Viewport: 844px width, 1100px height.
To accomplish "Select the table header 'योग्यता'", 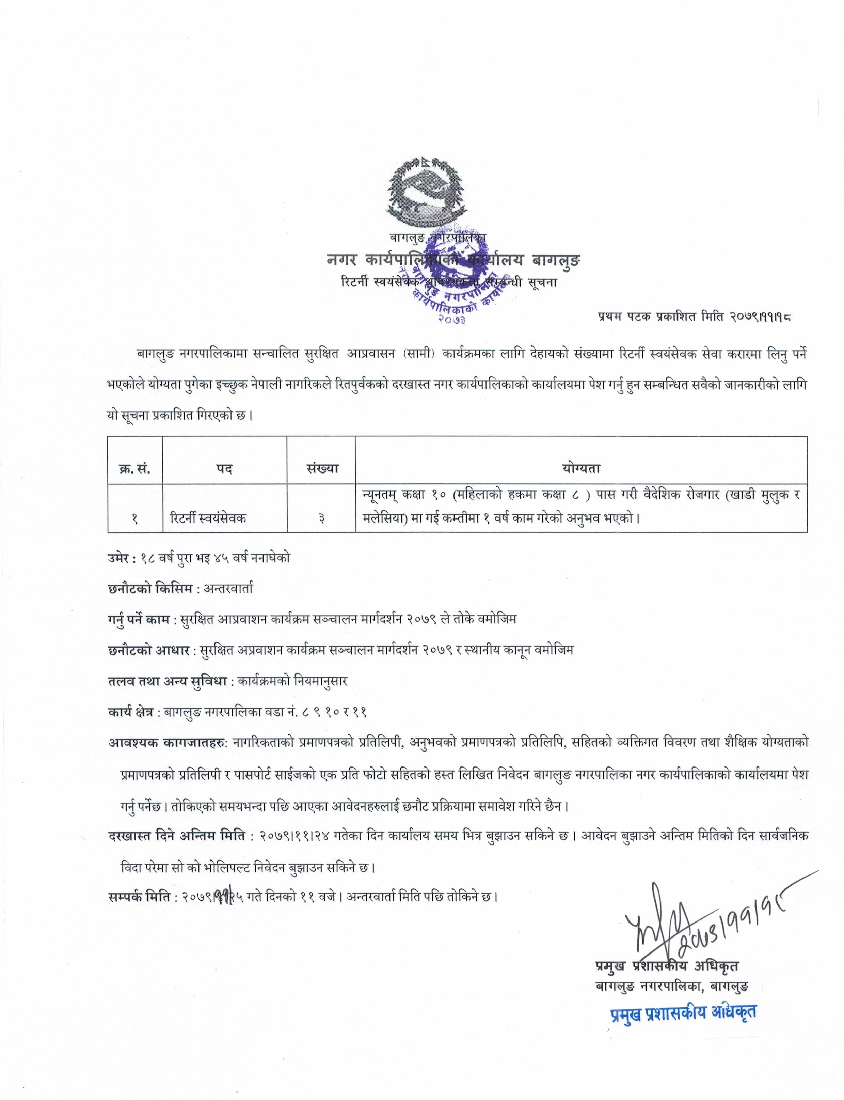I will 581,468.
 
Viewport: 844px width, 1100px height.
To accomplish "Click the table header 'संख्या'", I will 321,468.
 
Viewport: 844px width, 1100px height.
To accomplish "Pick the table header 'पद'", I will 225,468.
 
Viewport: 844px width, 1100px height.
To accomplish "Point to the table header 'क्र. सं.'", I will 134,468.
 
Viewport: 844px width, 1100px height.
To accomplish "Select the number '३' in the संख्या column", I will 321,519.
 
